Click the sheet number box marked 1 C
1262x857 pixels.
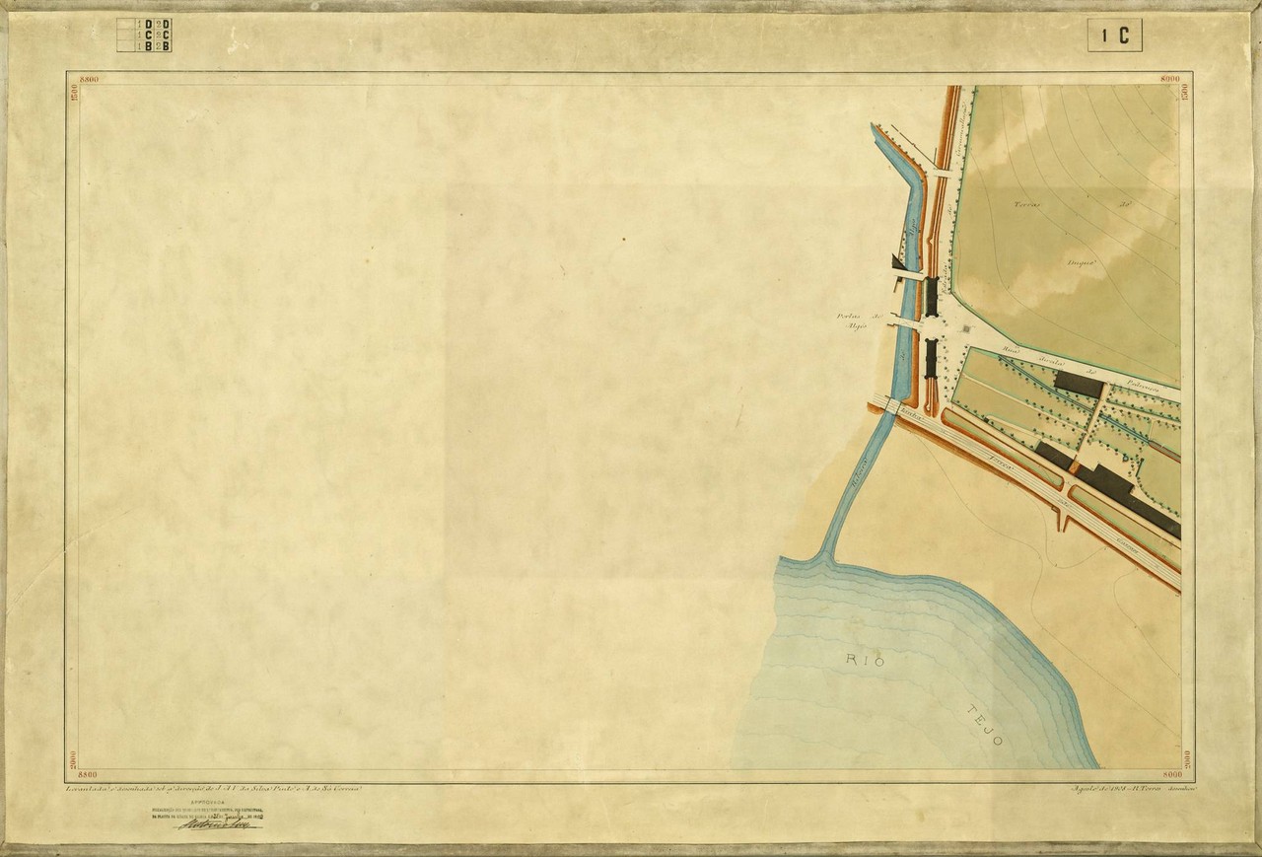tap(1115, 36)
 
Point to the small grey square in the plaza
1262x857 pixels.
tap(963, 329)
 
